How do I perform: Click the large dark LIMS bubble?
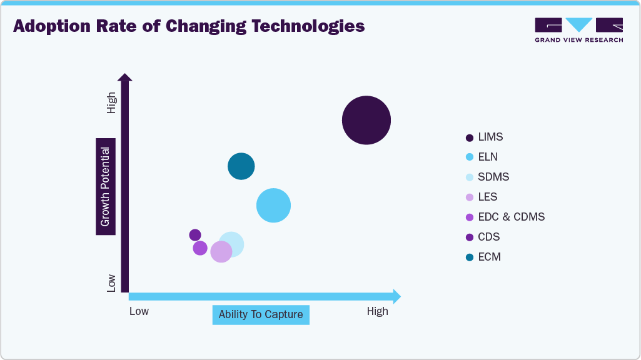click(x=366, y=120)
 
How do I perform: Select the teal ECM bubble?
click(x=241, y=166)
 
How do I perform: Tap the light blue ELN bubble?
click(x=274, y=205)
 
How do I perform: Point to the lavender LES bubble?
click(x=221, y=251)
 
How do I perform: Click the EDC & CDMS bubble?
click(x=200, y=248)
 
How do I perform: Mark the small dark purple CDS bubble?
click(x=195, y=235)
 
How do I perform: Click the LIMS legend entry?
click(x=490, y=137)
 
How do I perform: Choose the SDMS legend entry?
click(x=493, y=177)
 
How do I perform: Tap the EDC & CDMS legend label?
click(x=511, y=217)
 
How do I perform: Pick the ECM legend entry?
click(x=489, y=257)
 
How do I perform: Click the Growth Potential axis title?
click(x=105, y=186)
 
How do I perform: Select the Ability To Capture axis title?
click(x=261, y=314)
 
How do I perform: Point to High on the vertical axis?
click(x=111, y=103)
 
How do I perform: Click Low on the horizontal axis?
click(x=139, y=311)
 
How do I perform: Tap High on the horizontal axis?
click(x=377, y=311)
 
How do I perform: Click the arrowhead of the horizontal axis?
click(x=396, y=296)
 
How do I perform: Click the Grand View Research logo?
click(x=578, y=29)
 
